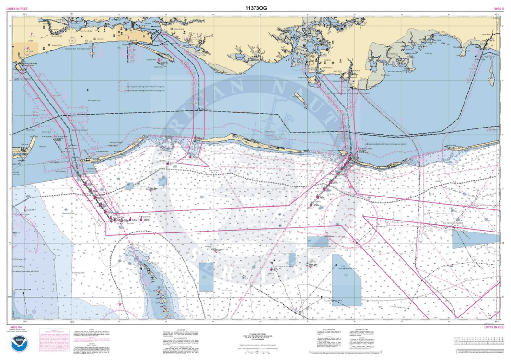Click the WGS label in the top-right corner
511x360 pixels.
click(x=499, y=9)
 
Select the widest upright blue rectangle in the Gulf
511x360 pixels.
click(x=347, y=279)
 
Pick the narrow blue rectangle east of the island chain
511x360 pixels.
click(x=206, y=277)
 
